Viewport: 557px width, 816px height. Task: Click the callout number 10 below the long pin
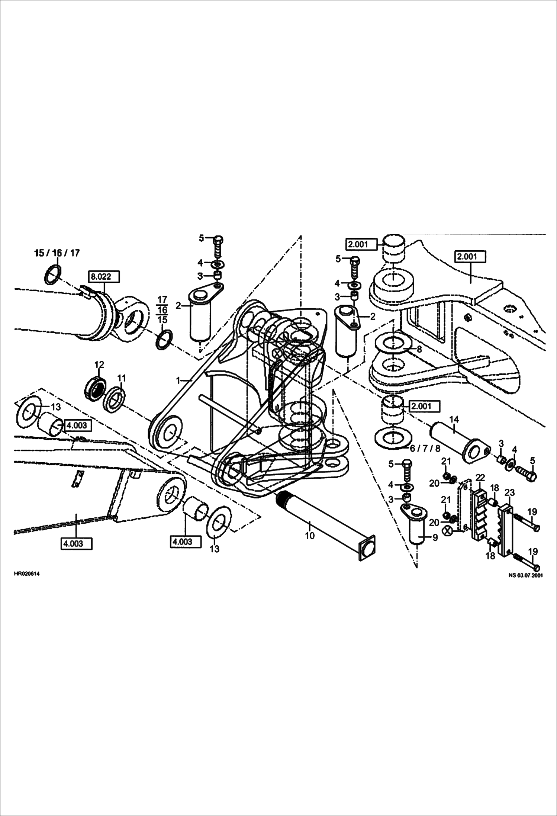(309, 536)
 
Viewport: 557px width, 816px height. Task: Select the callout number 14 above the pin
(454, 420)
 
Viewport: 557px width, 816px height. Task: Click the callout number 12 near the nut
(99, 364)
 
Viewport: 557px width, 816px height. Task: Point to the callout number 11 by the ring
(122, 378)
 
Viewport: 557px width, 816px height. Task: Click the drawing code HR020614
(26, 574)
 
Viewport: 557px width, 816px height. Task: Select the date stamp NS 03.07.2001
(526, 575)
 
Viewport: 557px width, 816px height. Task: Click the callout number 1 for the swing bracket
(178, 380)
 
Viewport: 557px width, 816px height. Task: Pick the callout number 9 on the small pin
(435, 537)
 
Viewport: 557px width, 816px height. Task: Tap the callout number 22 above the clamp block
(480, 477)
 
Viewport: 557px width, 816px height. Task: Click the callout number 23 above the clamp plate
(509, 493)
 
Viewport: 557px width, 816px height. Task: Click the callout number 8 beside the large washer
(419, 349)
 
